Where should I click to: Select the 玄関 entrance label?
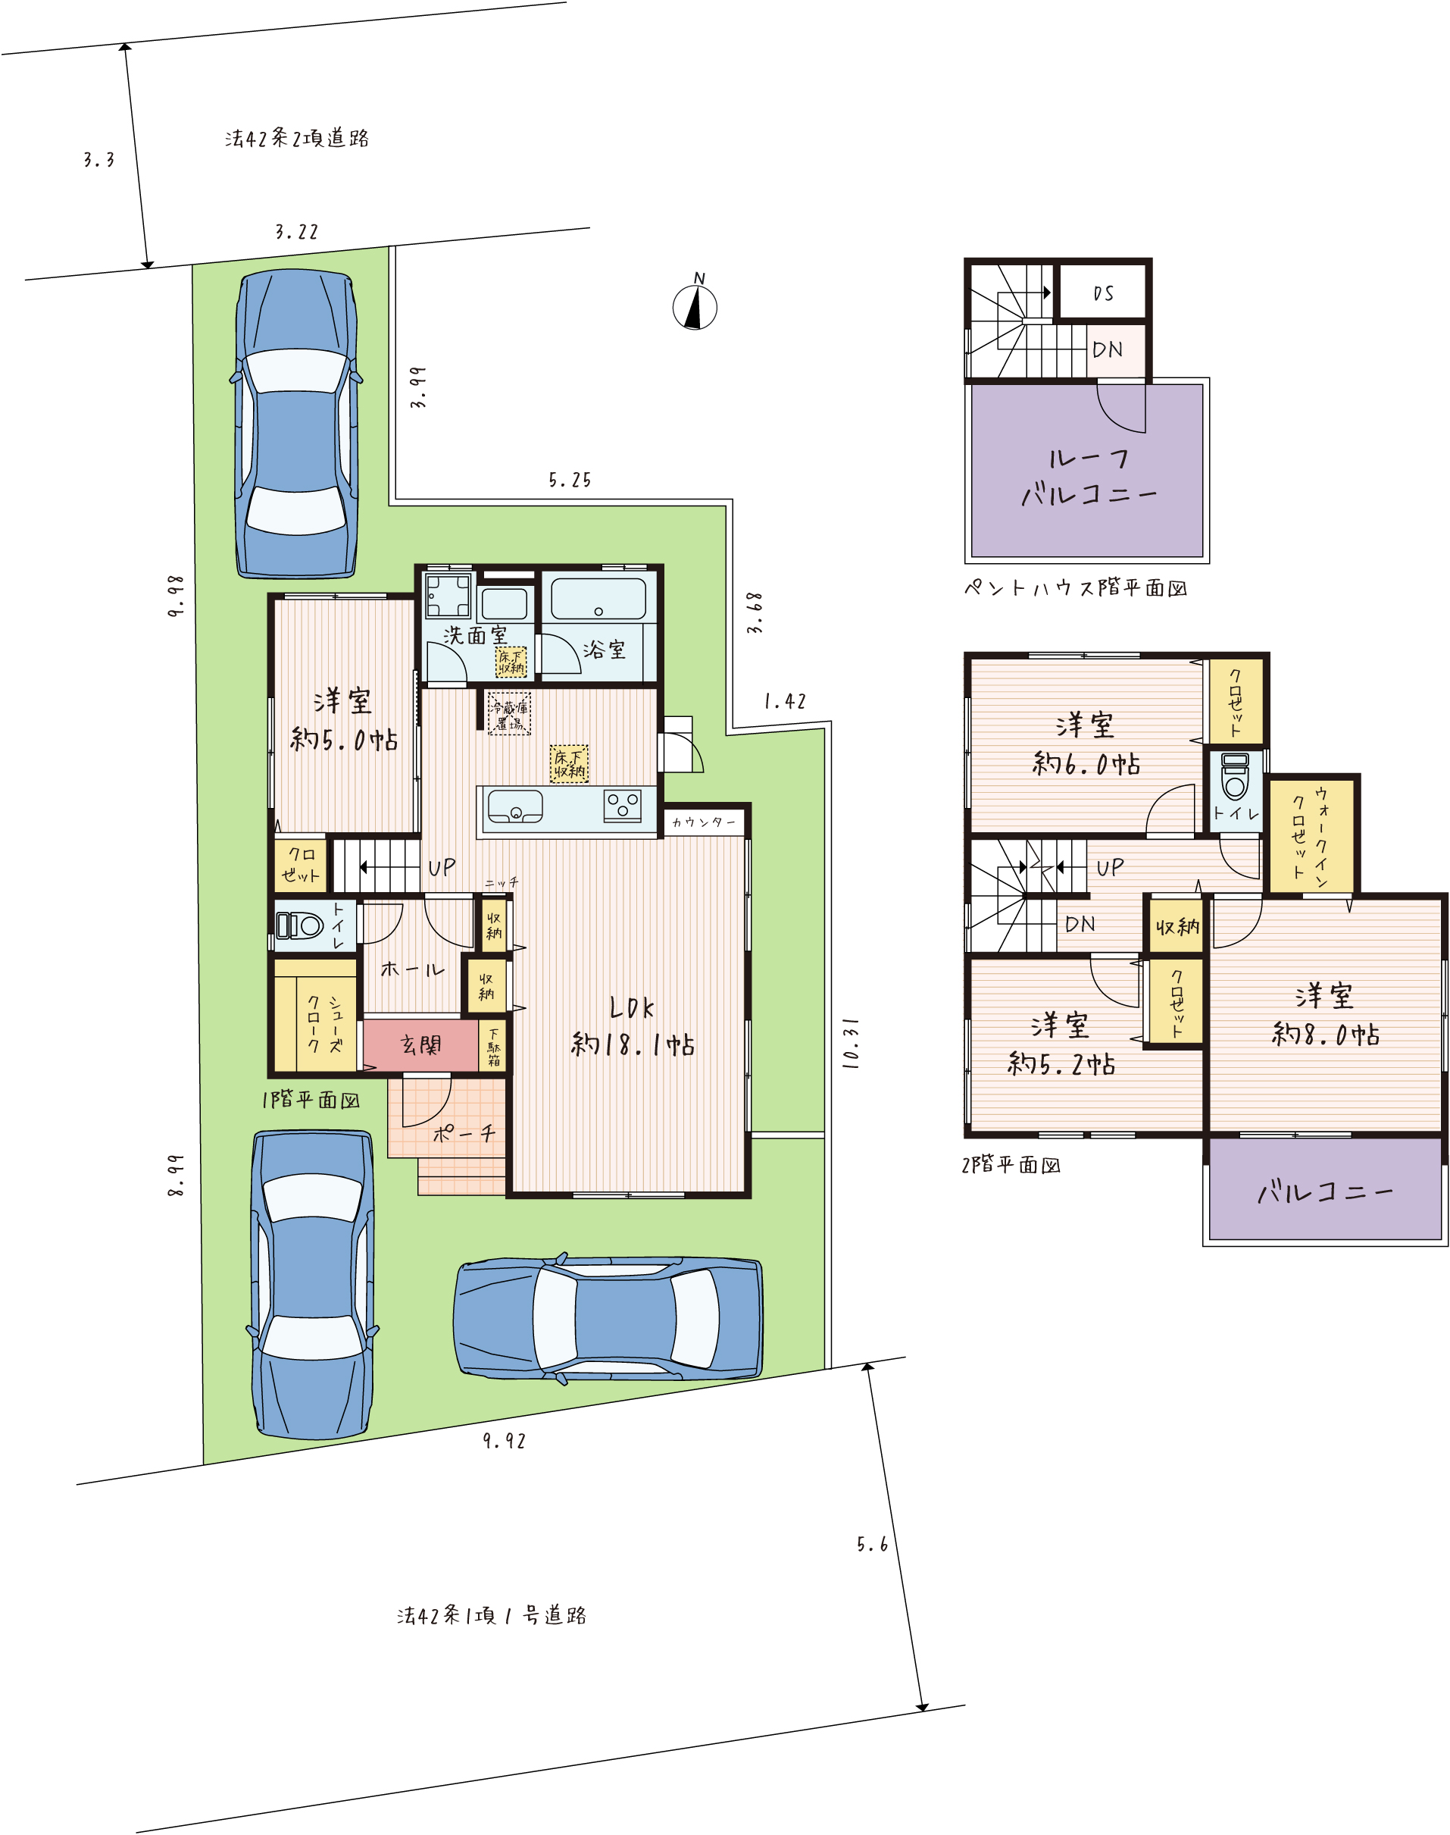click(x=421, y=1044)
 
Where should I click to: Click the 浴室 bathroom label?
click(x=605, y=650)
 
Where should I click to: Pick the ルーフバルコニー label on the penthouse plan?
click(x=1089, y=476)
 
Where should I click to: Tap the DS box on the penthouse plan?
click(x=1103, y=293)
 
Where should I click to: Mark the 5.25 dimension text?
click(x=570, y=481)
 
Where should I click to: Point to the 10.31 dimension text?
click(x=851, y=1043)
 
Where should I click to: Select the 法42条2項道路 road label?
click(x=297, y=139)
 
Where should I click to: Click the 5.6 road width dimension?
click(x=872, y=1545)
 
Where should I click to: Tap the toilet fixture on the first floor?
click(x=300, y=925)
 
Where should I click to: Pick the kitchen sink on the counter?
click(x=514, y=806)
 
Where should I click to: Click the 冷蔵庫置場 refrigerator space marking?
click(x=509, y=713)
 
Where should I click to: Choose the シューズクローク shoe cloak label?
click(x=325, y=1022)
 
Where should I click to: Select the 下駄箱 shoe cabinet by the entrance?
click(x=493, y=1046)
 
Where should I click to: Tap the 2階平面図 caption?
click(x=1011, y=1165)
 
